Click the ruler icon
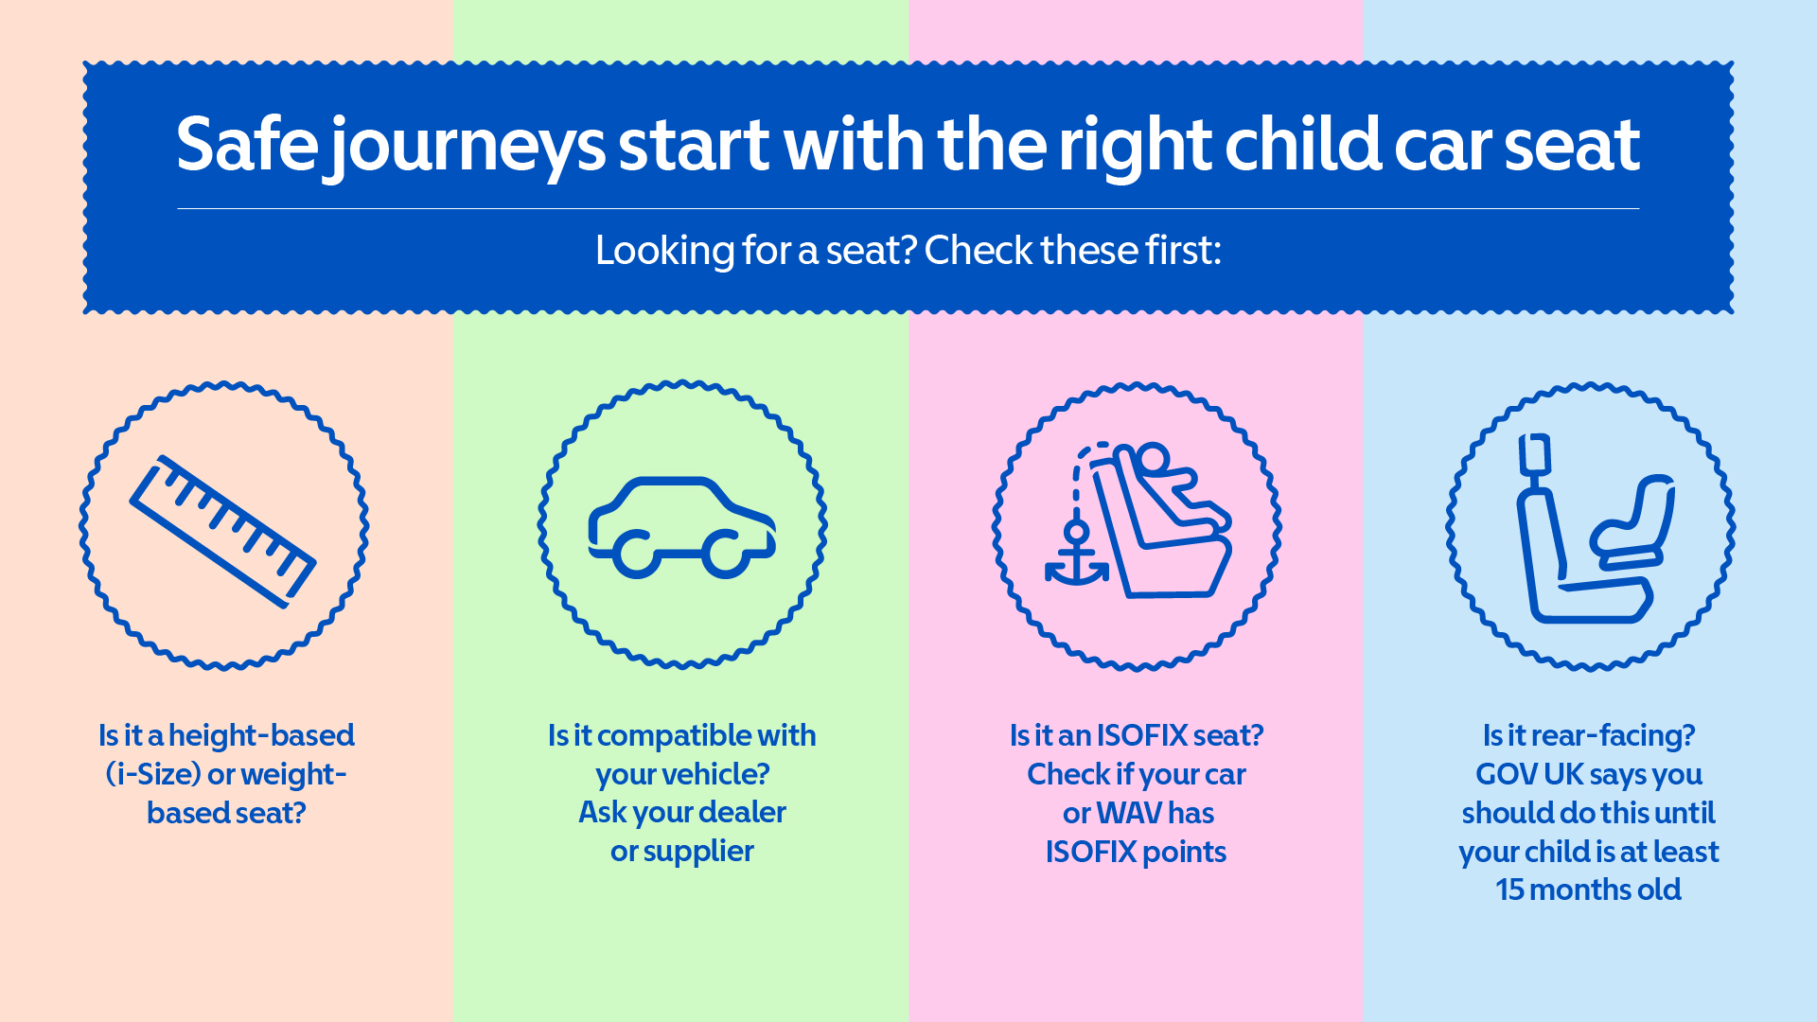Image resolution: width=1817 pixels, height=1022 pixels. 222,531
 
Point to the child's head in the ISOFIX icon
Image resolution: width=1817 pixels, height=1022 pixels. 1152,461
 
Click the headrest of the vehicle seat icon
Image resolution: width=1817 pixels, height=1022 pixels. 1535,456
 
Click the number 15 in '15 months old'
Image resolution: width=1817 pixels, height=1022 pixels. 1509,890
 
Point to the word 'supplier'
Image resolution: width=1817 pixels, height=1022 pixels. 698,852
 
